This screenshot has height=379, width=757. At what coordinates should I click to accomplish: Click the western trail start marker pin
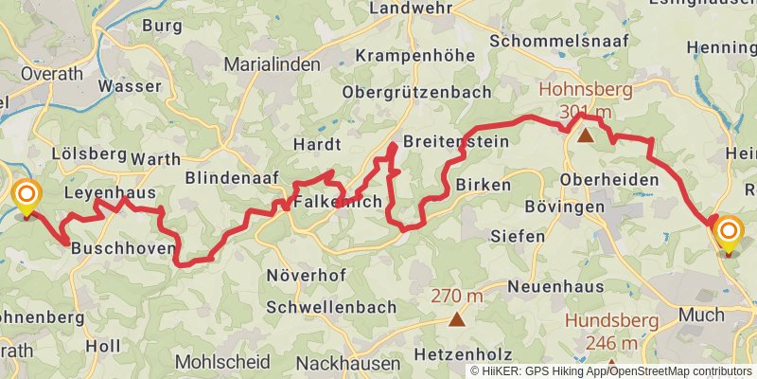pos(26,198)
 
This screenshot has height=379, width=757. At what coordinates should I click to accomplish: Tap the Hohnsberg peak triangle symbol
pos(586,135)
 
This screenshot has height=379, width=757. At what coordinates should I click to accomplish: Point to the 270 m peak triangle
pos(457,318)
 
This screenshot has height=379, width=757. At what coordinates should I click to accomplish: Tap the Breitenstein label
pos(455,141)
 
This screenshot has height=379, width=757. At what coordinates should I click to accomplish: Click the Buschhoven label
pos(123,247)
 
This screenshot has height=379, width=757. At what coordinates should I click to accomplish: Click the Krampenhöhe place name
pos(414,56)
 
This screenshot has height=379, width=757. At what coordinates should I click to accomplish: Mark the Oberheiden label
pos(609,179)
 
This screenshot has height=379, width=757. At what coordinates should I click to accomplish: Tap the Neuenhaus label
pos(555,286)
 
